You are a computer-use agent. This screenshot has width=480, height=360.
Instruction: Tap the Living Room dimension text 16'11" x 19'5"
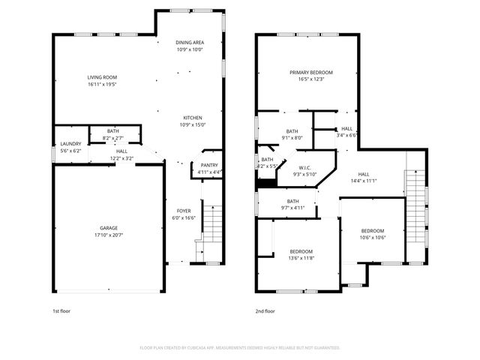[102, 84]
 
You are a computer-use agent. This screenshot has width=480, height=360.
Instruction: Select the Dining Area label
[190, 43]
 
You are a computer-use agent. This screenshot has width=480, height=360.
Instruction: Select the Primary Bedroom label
[311, 72]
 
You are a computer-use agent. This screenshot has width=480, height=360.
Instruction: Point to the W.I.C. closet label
[304, 168]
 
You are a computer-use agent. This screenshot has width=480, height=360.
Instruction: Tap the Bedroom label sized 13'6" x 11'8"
[301, 251]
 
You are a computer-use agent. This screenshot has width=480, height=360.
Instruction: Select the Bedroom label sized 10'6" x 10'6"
[373, 231]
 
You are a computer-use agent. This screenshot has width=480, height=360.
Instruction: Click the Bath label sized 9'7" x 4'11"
[292, 201]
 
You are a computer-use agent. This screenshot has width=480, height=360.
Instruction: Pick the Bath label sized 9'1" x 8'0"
[292, 131]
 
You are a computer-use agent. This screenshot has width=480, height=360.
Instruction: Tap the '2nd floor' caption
[265, 310]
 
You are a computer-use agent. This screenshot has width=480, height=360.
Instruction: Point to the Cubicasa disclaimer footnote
[239, 348]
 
